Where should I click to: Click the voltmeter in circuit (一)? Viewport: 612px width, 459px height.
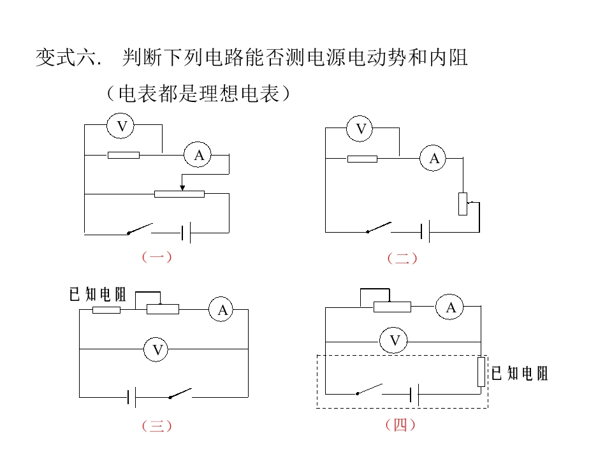click(120, 126)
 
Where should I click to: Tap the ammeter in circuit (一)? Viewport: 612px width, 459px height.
click(198, 154)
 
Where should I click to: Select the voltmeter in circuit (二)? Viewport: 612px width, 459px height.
click(360, 128)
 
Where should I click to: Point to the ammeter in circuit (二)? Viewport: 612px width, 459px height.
click(433, 158)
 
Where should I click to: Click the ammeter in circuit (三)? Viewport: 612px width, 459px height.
click(221, 309)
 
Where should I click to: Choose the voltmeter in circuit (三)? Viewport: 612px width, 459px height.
click(156, 349)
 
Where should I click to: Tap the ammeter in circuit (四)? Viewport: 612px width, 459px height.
click(449, 307)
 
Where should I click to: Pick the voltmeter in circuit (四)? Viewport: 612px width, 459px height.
click(393, 340)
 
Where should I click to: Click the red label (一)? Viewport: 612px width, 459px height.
click(157, 257)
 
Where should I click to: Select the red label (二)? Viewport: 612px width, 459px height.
click(402, 258)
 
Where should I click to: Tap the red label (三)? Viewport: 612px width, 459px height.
click(157, 425)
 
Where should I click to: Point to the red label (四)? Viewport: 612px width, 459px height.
click(400, 425)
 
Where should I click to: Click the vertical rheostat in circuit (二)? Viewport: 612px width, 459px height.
click(463, 204)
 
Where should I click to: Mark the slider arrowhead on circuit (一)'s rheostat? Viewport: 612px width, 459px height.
click(182, 187)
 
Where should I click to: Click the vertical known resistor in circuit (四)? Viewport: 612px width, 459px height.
click(481, 372)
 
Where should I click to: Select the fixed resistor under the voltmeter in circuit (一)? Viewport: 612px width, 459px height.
click(124, 155)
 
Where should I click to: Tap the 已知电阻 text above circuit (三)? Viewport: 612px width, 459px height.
click(98, 295)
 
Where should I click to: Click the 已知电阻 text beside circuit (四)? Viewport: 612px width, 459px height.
click(520, 374)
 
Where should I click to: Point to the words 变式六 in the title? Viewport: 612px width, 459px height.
click(66, 57)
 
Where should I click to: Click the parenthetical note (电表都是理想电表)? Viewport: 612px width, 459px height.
click(199, 94)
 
